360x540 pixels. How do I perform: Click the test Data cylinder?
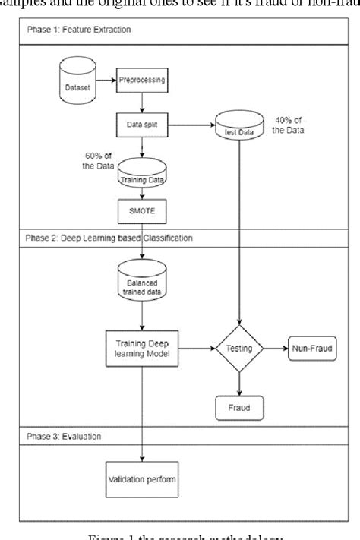point(240,125)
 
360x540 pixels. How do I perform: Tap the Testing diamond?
point(241,349)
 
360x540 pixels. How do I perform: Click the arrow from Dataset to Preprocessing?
point(106,78)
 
